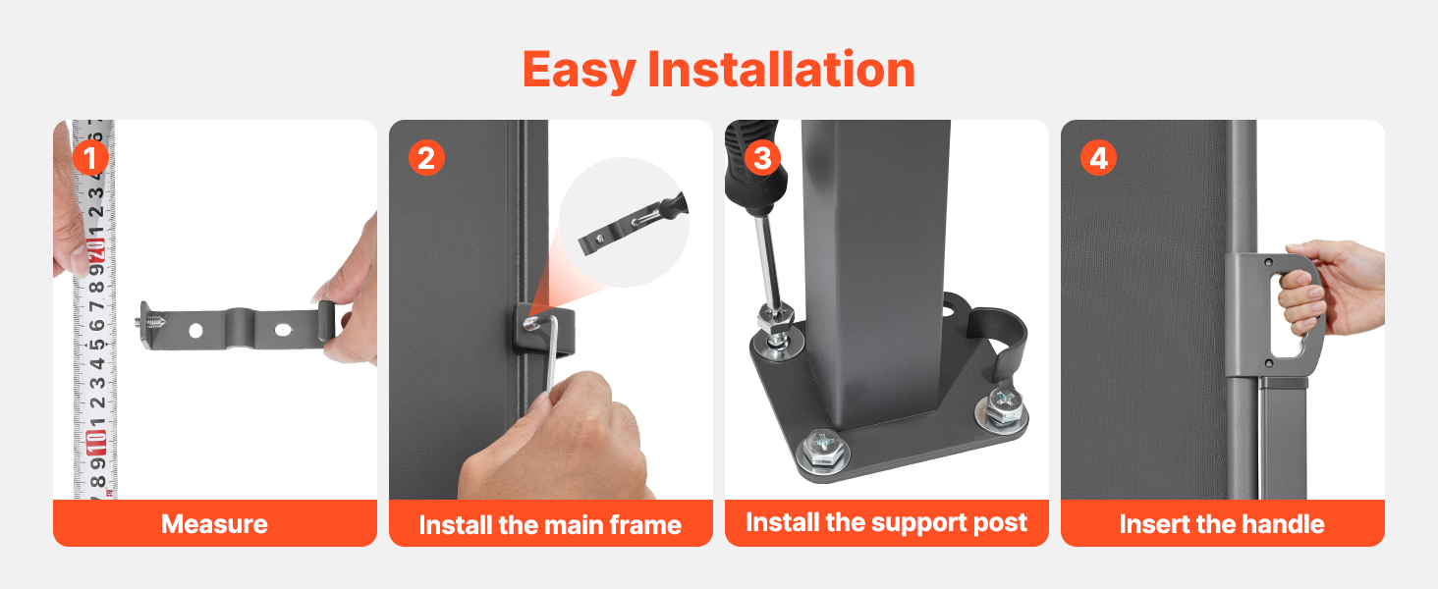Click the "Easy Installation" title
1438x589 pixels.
click(718, 70)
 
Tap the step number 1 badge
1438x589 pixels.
click(90, 158)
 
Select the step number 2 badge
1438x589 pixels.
click(426, 158)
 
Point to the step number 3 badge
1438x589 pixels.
click(762, 158)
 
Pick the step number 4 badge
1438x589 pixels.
click(1098, 158)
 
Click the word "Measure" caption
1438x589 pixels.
click(214, 524)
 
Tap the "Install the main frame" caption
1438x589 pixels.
click(550, 525)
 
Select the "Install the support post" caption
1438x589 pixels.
click(887, 523)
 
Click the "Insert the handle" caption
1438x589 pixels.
click(1222, 524)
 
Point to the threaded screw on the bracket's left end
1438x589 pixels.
click(149, 319)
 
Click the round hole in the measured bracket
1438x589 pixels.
click(195, 331)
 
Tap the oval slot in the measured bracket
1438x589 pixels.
click(283, 331)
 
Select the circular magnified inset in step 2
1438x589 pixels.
click(624, 222)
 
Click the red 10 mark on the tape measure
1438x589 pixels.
click(96, 442)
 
